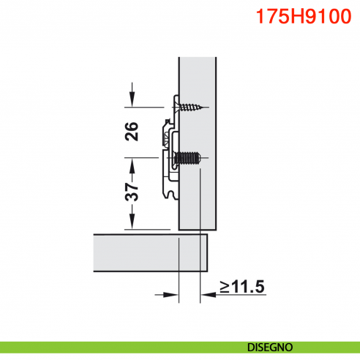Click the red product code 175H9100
coord(300,17)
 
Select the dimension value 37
coord(132,192)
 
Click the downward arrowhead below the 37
coord(132,224)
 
